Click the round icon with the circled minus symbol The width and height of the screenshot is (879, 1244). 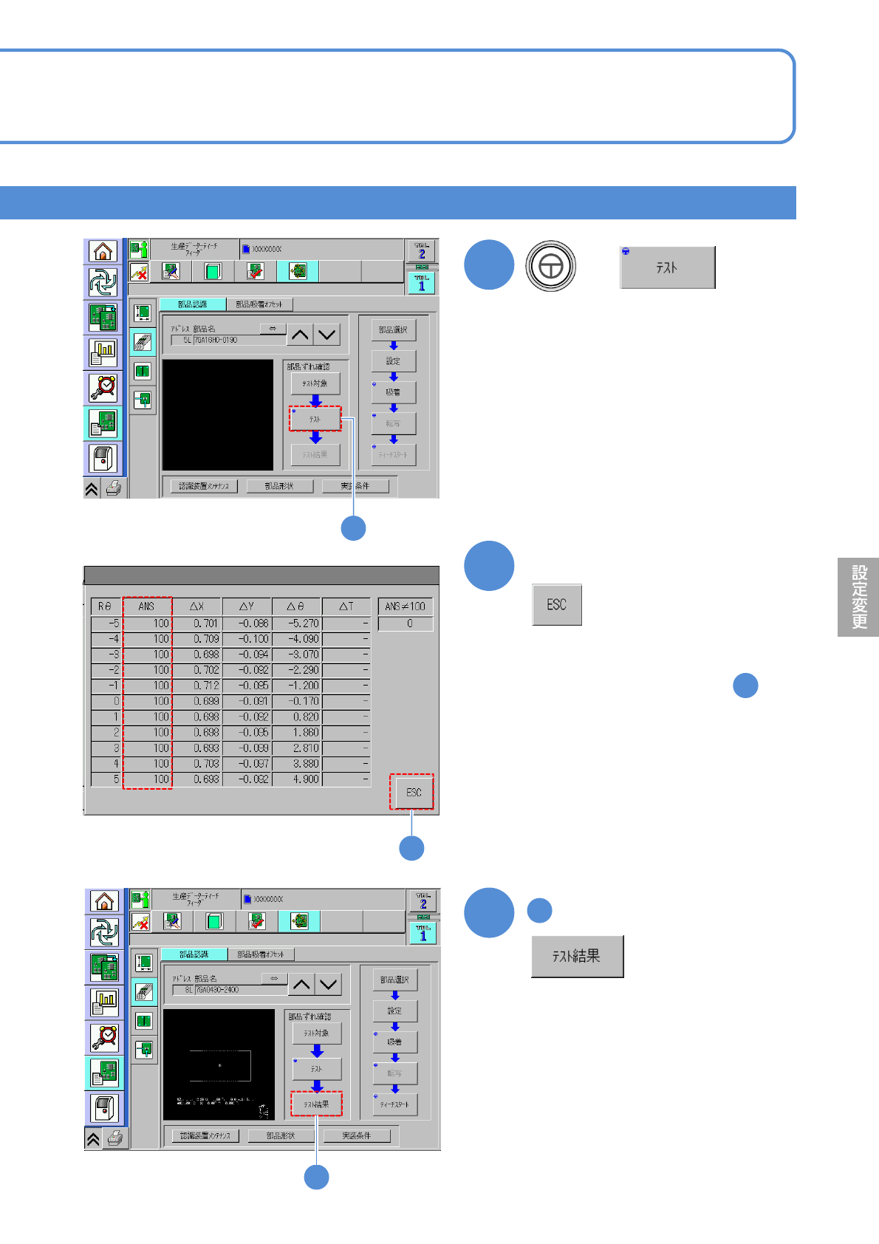coord(550,266)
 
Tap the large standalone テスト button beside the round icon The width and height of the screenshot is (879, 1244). coord(667,267)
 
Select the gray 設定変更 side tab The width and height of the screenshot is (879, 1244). coord(858,597)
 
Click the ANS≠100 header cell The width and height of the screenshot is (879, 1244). coord(405,606)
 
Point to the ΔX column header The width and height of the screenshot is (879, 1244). coord(196,606)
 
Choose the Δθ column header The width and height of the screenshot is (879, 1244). coord(296,606)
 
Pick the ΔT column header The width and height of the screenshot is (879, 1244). coord(346,606)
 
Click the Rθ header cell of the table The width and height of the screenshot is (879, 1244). coord(105,606)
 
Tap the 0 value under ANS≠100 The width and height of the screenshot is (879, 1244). coord(406,623)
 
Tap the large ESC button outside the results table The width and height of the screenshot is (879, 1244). coord(557,605)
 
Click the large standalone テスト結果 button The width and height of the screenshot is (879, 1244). coord(577,957)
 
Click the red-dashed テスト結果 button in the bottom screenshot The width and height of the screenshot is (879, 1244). coord(316,1104)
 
